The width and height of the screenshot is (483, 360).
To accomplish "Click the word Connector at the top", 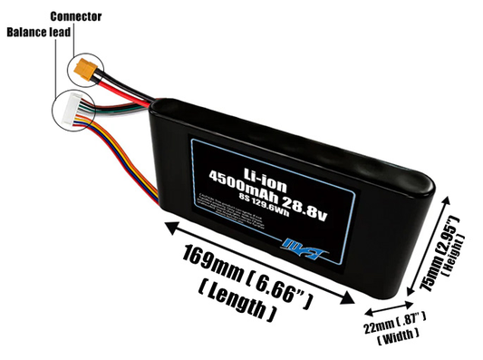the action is coord(76,16).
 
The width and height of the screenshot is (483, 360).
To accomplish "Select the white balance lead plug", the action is coord(69,108).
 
